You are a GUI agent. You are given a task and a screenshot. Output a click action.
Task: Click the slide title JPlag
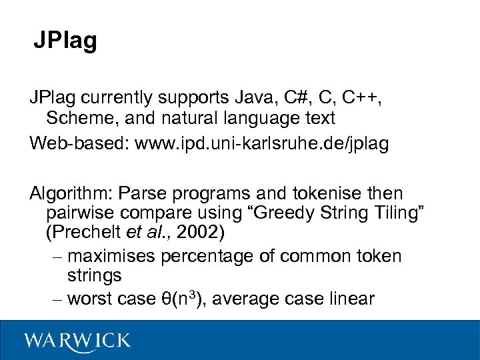pos(65,41)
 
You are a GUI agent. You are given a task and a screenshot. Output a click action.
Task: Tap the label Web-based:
pos(79,143)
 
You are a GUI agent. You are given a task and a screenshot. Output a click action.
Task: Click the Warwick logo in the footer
pos(77,341)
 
